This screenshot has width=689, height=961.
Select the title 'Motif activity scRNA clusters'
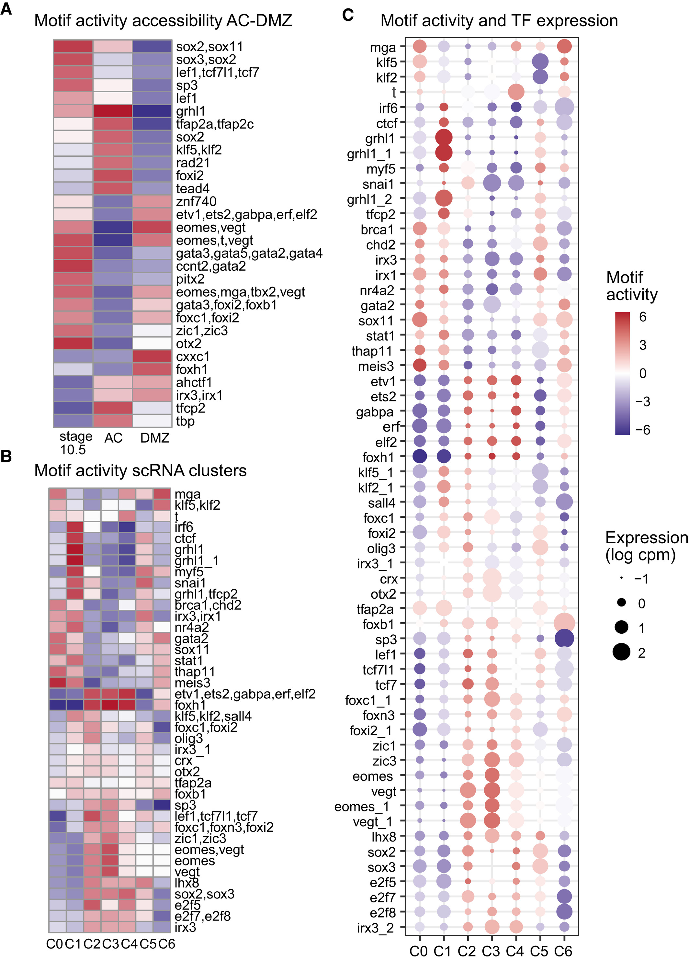(x=140, y=471)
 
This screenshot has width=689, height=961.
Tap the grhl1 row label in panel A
(x=191, y=111)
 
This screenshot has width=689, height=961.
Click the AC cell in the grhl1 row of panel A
(x=113, y=111)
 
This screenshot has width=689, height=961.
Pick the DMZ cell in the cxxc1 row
(x=152, y=356)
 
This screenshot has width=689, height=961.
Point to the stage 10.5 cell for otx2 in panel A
(x=73, y=343)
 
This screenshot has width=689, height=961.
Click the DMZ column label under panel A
(x=155, y=438)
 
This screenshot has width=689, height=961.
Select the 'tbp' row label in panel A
(x=185, y=421)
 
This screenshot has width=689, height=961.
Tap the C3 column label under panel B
(x=111, y=944)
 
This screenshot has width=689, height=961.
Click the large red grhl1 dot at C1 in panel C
(x=444, y=137)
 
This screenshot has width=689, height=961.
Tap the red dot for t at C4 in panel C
(x=516, y=92)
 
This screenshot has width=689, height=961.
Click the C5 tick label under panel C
(x=539, y=951)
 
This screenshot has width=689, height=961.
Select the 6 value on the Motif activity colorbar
(x=642, y=317)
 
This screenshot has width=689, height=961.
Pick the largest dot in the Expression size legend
(x=621, y=652)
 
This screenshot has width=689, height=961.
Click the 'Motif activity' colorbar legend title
(x=631, y=286)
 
